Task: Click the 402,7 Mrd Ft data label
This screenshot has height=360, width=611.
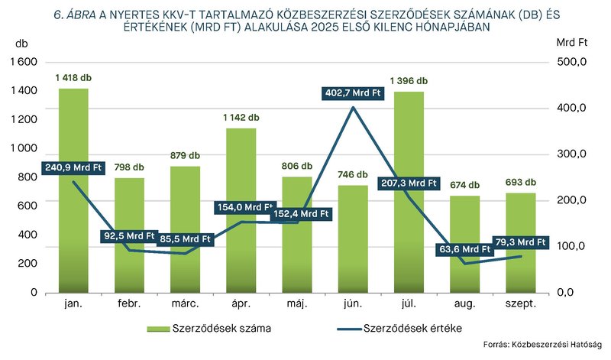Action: (x=352, y=94)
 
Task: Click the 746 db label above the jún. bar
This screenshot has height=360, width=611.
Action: (x=352, y=174)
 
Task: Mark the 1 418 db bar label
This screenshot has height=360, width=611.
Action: (x=73, y=78)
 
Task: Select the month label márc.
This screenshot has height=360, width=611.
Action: (x=185, y=304)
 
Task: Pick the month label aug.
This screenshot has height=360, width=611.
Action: (x=464, y=304)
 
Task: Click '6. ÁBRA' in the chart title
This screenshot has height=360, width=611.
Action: (x=76, y=13)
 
